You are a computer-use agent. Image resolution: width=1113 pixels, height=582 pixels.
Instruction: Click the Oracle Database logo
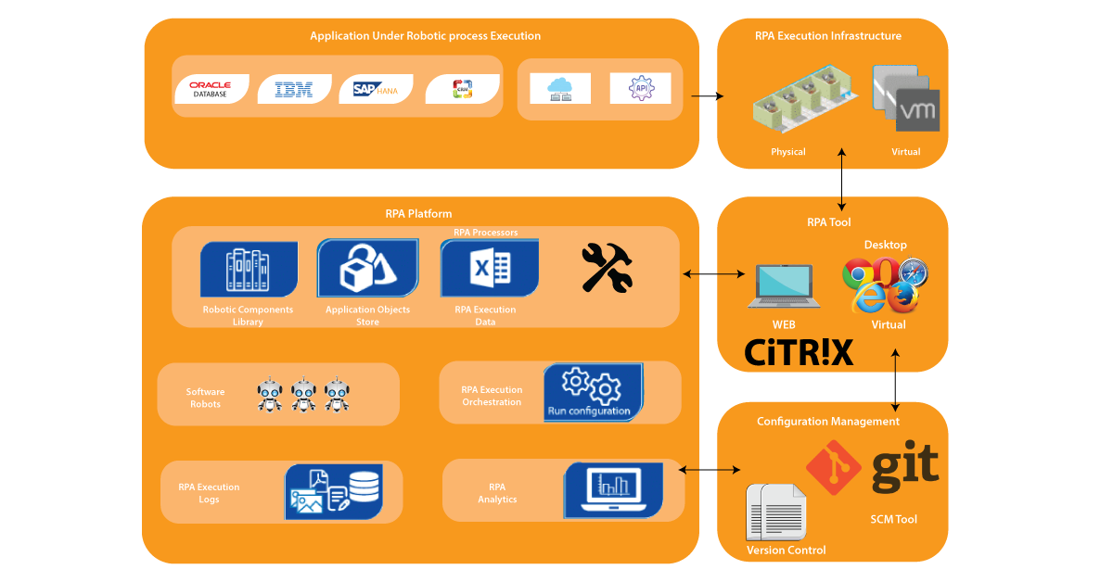211,89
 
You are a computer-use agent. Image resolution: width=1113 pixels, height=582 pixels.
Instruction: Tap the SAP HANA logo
375,90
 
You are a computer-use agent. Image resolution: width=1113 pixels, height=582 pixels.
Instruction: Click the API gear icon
640,88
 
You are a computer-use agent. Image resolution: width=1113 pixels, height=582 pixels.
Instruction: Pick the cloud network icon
559,88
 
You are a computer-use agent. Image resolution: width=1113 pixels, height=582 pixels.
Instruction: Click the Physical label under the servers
787,151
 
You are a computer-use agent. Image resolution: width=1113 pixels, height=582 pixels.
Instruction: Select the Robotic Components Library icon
249,270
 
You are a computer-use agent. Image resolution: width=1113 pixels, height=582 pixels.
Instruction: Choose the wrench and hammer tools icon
607,268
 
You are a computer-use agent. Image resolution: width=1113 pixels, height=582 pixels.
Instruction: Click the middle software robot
303,394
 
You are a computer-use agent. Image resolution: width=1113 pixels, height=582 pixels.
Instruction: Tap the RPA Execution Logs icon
333,491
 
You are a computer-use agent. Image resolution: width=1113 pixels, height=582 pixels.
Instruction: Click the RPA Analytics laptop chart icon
613,489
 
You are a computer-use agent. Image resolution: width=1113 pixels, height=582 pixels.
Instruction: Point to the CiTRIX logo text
799,352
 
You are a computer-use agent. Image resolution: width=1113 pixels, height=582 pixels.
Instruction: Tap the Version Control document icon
776,512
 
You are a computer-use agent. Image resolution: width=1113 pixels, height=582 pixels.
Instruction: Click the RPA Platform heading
418,213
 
